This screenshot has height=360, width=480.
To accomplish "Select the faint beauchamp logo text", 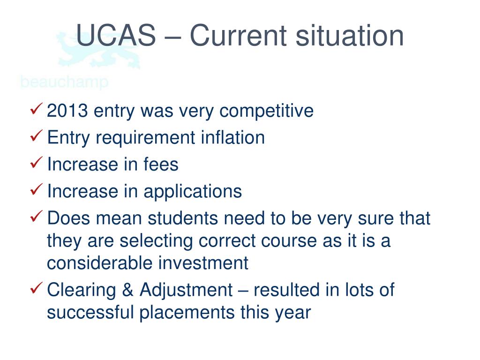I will pos(64,82).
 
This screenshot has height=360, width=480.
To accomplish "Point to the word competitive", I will pos(267,111).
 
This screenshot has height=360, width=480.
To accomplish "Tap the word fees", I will pos(160,165).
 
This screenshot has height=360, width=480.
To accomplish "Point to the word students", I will pos(185,218).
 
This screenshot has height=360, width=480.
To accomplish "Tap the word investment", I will pos(203,263).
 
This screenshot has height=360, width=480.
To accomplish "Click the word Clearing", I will pos(82,290).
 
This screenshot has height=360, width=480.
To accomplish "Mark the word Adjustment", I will pos(186,290).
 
